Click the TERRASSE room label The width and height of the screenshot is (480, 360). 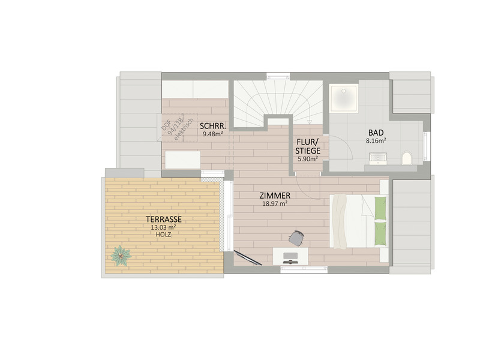[x=163, y=219]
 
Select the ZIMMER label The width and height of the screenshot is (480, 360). [x=275, y=196]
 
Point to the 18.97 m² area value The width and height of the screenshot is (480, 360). [x=275, y=203]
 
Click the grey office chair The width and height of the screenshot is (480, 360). [x=296, y=238]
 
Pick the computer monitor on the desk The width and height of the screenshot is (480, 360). [x=290, y=257]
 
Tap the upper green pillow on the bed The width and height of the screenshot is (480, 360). [x=380, y=208]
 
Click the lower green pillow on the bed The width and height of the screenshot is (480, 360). [x=380, y=233]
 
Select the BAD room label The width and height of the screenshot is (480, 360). [x=376, y=133]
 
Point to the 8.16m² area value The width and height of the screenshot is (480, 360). [x=376, y=141]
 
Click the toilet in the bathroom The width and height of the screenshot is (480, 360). [x=407, y=158]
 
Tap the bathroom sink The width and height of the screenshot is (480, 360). [x=378, y=158]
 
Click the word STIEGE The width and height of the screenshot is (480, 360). [x=307, y=151]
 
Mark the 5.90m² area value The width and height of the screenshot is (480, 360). [x=308, y=159]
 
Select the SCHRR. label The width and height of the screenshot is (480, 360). [x=213, y=126]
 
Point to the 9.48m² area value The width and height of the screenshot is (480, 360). [x=212, y=133]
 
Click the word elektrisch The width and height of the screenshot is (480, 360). [x=184, y=130]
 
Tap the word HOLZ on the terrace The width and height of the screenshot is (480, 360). [x=163, y=235]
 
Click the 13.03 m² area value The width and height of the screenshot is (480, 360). [x=163, y=227]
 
